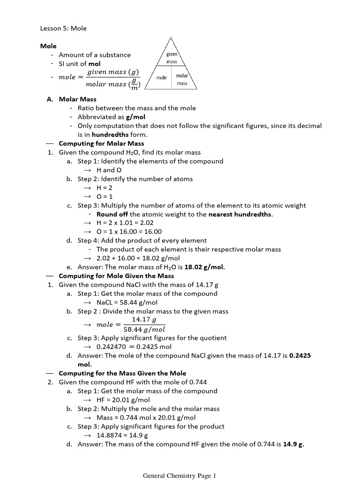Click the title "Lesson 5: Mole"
pos(63,28)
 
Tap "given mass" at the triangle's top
pos(172,58)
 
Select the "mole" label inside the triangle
pos(161,78)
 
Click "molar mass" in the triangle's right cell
pos(182,79)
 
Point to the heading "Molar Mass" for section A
pos(77,99)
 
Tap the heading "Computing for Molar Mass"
pos(101,143)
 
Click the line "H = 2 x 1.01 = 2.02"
pos(125,223)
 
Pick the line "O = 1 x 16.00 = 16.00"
pos(129,232)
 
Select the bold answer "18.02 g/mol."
pos(205,267)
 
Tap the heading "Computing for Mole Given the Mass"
pos(116,276)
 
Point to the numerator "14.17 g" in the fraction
pos(144,319)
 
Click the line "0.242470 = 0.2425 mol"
pos(134,347)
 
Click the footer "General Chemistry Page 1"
pos(180,476)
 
